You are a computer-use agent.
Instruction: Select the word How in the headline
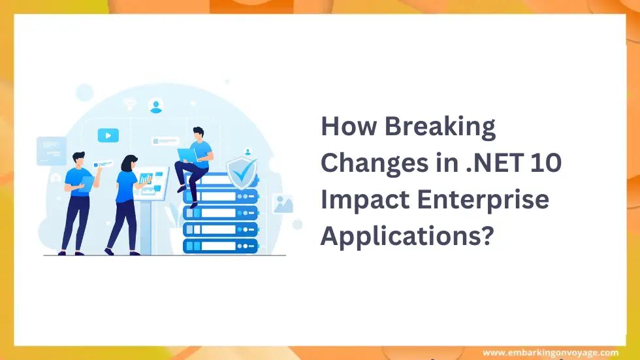point(347,127)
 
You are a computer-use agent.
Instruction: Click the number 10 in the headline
point(545,163)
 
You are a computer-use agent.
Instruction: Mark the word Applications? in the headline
point(405,235)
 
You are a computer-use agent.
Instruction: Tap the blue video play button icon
point(108,135)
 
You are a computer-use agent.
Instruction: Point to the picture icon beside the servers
point(283,204)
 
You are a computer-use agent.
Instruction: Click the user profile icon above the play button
point(155,105)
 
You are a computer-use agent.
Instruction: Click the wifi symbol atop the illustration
point(130,103)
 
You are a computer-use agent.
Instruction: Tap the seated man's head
point(199,133)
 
